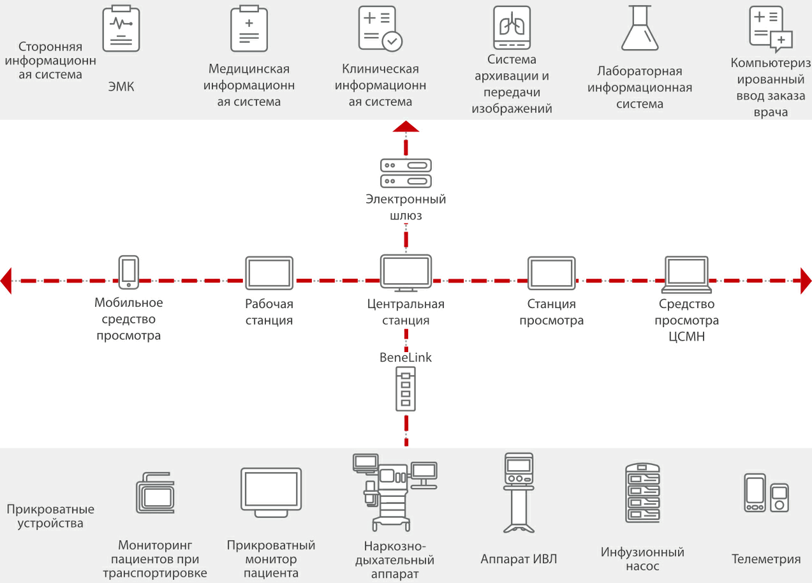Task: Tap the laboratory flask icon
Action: (640, 29)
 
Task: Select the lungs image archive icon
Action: (512, 29)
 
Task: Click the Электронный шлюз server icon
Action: (406, 173)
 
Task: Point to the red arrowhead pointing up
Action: (406, 126)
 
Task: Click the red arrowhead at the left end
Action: (6, 281)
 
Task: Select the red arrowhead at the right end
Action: (806, 281)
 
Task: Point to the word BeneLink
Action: (406, 358)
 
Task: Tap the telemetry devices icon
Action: (765, 493)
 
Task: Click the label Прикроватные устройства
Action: (50, 517)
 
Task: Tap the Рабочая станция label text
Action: (269, 313)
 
